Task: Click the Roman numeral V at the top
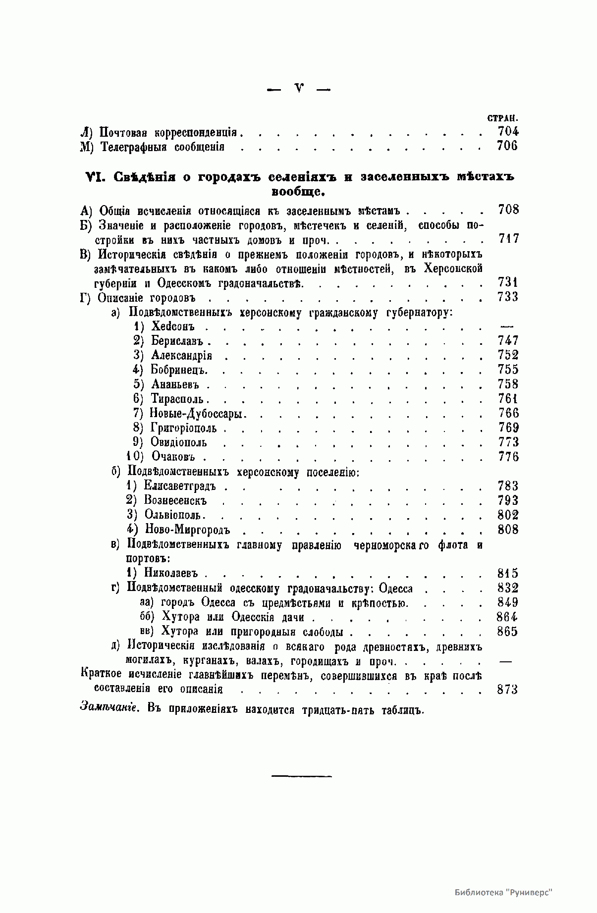point(299,89)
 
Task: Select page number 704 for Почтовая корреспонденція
point(508,132)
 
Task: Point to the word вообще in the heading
point(298,191)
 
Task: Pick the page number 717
point(508,239)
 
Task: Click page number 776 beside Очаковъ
point(508,457)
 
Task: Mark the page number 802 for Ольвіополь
point(508,515)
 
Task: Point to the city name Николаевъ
point(171,573)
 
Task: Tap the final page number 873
point(508,690)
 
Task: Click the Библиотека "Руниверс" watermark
point(503,892)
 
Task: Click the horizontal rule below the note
point(301,776)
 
